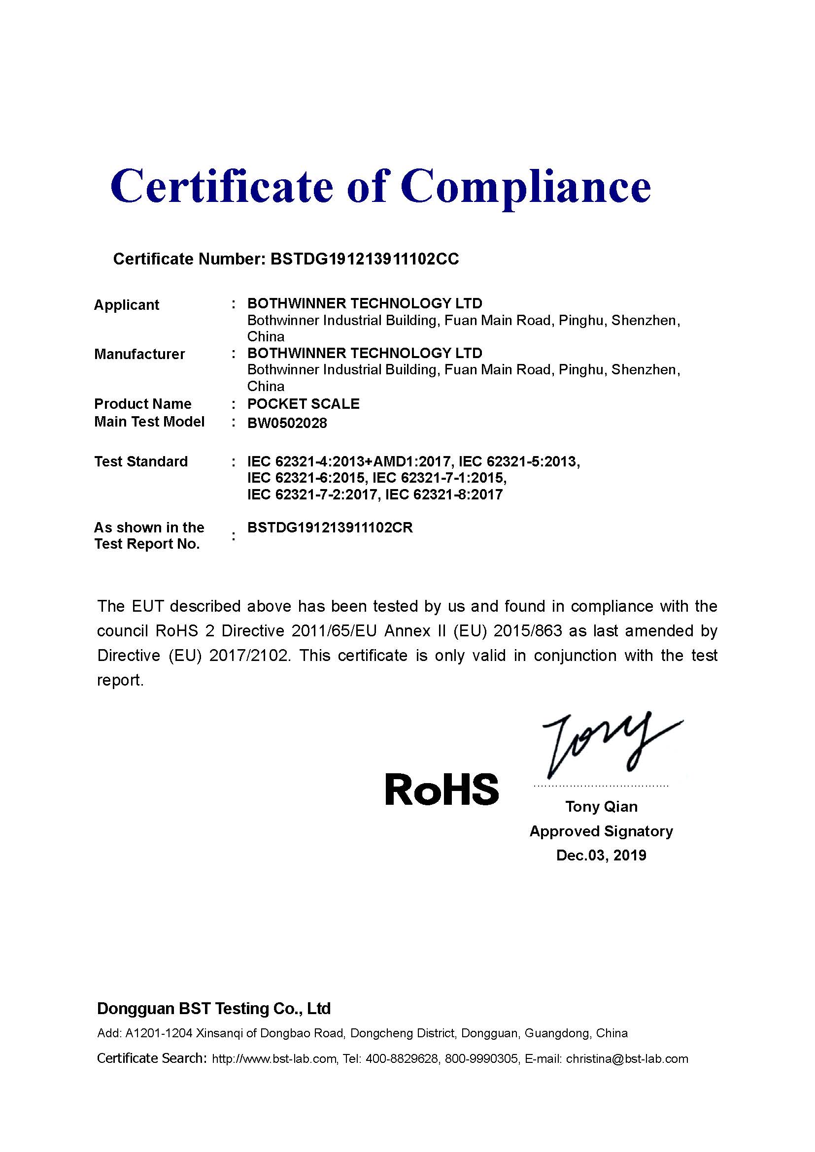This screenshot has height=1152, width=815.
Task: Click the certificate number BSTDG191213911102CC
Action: pos(364,259)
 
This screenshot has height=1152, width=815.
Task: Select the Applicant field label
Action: pos(127,305)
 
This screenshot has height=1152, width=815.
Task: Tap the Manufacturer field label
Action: pos(139,354)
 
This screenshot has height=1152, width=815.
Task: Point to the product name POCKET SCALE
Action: pos(303,404)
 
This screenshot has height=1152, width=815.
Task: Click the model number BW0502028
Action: pos(287,423)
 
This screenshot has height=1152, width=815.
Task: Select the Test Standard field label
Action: pos(141,461)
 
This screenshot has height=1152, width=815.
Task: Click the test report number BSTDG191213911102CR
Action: pos(330,528)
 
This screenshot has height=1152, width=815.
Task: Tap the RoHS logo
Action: pos(441,789)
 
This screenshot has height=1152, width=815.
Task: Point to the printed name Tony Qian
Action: pos(601,807)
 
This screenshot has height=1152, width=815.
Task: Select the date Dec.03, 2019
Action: pos(601,855)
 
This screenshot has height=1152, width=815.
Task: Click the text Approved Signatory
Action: pos(601,831)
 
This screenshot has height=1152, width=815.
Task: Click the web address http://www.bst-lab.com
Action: pos(274,1059)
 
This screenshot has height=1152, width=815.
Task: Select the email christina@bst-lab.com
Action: pos(627,1059)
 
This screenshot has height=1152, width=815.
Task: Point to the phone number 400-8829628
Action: pos(402,1059)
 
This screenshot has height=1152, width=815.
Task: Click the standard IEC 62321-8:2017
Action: pos(443,495)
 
